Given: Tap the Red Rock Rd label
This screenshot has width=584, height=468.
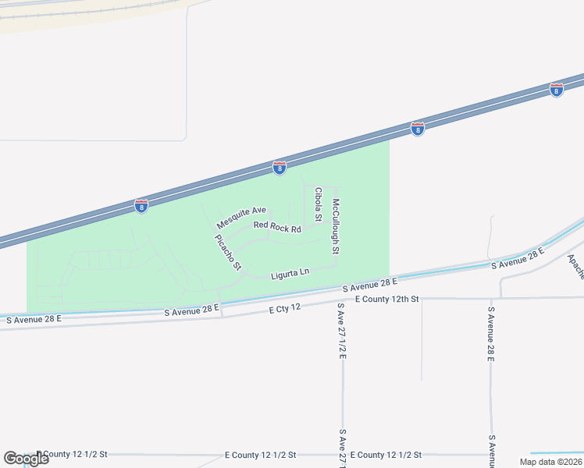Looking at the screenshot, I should (x=276, y=228).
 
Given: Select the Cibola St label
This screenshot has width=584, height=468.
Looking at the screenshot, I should (x=318, y=204).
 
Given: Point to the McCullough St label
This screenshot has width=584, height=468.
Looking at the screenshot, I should (x=335, y=226).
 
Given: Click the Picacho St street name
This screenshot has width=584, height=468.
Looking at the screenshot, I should (x=228, y=252).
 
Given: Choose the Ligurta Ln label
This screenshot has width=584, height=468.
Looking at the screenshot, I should (x=290, y=273).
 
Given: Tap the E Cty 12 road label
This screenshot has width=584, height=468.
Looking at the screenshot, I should (x=285, y=308).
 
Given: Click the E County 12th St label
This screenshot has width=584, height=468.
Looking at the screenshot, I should (x=386, y=299).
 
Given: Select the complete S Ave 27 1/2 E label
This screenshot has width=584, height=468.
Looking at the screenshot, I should (x=342, y=333).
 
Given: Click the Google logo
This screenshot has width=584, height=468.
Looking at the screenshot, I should (x=26, y=459).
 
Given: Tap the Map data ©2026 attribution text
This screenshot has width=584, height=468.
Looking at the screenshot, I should (x=550, y=462).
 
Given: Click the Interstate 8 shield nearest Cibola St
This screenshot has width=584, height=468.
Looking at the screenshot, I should (x=280, y=167).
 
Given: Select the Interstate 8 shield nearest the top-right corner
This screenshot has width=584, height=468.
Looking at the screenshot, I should (x=556, y=90).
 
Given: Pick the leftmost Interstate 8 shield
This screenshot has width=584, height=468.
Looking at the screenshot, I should (x=141, y=206).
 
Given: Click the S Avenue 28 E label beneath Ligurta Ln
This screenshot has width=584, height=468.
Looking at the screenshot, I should (x=369, y=285).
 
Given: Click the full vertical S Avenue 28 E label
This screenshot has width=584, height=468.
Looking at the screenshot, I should (x=491, y=335).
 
